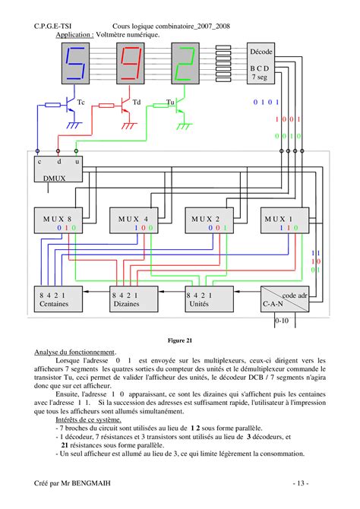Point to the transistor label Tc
81,102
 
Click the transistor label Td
137,102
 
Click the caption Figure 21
180,341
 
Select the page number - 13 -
304,484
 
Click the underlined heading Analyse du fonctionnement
75,353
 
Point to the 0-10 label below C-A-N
282,321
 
